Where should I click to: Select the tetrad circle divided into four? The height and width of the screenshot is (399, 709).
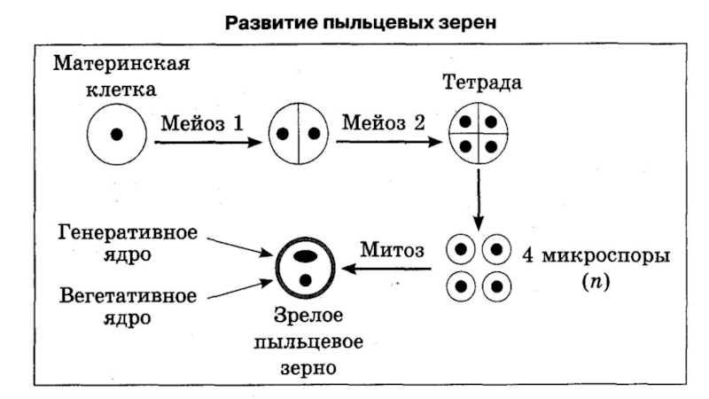click(x=479, y=135)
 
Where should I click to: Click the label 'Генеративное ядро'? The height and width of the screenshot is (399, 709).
click(x=128, y=244)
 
